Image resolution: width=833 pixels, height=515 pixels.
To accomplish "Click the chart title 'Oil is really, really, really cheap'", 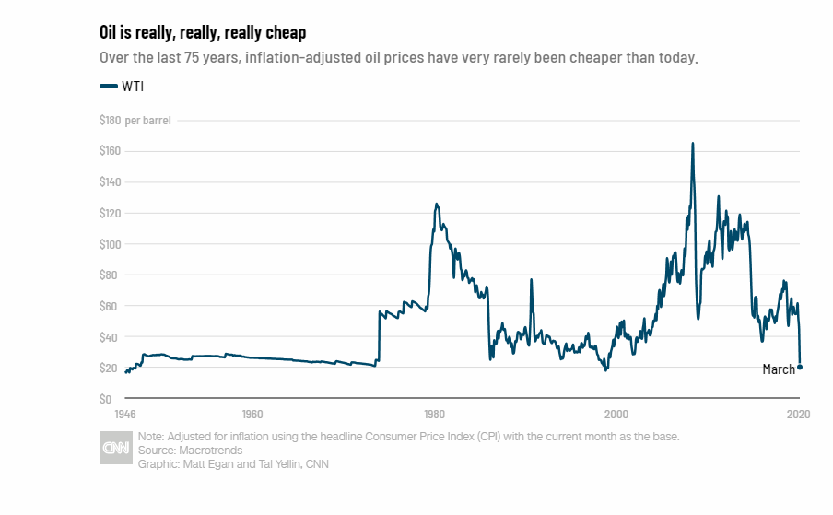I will coord(203,32).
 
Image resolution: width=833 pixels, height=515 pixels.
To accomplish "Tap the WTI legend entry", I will coord(122,87).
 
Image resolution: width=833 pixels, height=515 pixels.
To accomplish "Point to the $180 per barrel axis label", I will coord(135,120).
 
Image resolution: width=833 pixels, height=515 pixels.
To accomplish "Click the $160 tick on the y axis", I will coord(111,151).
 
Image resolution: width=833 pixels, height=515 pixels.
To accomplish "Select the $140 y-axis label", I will coord(111,182).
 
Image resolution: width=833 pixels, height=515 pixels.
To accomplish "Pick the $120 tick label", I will coord(111,214).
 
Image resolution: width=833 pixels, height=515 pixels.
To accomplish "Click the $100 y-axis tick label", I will coord(111,244).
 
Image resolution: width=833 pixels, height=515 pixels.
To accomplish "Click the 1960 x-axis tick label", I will coord(252,414).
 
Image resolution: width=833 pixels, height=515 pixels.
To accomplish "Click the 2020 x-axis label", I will coord(798,414).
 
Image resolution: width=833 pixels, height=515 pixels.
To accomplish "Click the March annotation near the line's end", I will coord(778,369).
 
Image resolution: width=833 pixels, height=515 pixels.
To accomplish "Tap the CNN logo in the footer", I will coord(115,449).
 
